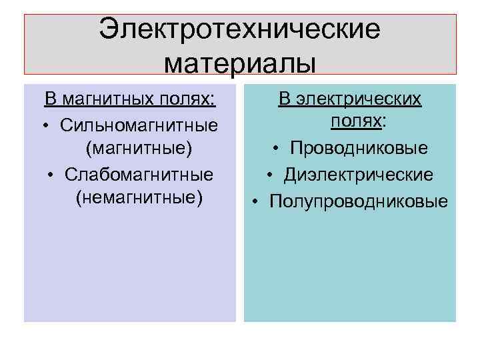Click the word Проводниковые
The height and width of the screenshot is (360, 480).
coord(359,149)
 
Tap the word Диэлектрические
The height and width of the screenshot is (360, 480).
coord(359,174)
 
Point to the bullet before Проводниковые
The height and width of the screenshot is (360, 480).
coord(275,149)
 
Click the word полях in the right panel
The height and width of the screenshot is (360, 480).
coord(355,122)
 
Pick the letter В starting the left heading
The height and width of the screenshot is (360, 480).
coord(50,100)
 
